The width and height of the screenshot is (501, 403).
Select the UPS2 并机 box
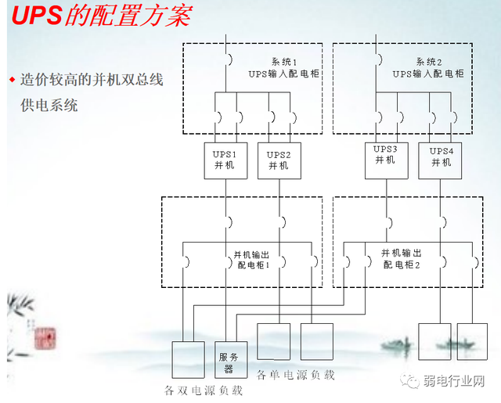coord(279,160)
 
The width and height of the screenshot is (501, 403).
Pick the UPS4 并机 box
coord(442,155)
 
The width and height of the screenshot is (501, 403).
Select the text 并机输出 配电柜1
coord(253,260)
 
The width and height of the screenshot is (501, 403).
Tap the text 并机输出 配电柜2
coord(402,259)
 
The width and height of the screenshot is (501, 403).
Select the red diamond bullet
coord(12,80)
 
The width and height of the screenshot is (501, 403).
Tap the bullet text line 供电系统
coord(49,105)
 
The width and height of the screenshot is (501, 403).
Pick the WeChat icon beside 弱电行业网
coord(411,382)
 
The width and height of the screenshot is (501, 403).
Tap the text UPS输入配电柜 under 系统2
coord(428,74)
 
